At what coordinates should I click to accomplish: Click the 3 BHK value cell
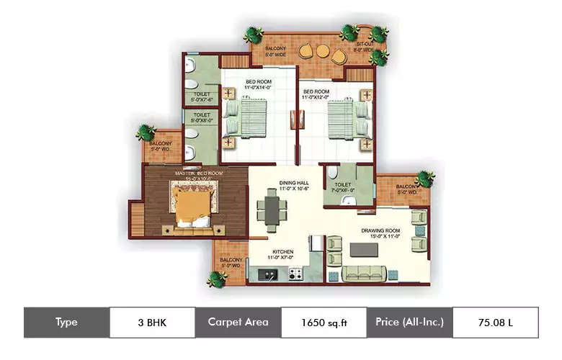pos(152,322)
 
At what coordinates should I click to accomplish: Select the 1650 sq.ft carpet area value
pos(324,322)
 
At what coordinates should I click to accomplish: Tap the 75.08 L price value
pos(495,322)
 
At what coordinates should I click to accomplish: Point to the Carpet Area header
pos(238,322)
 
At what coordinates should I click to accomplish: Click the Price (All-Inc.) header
pos(409,322)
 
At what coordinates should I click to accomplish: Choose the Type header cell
pos(66,322)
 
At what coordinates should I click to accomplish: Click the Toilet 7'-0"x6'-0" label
pos(343,187)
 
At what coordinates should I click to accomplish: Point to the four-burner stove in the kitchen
pos(295,274)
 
